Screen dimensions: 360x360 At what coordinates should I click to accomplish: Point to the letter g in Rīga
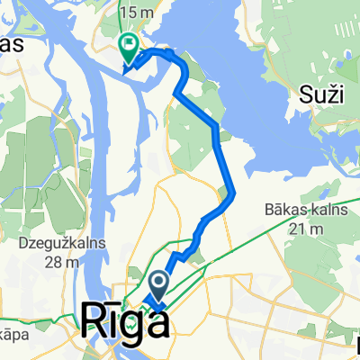tap(133, 325)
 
